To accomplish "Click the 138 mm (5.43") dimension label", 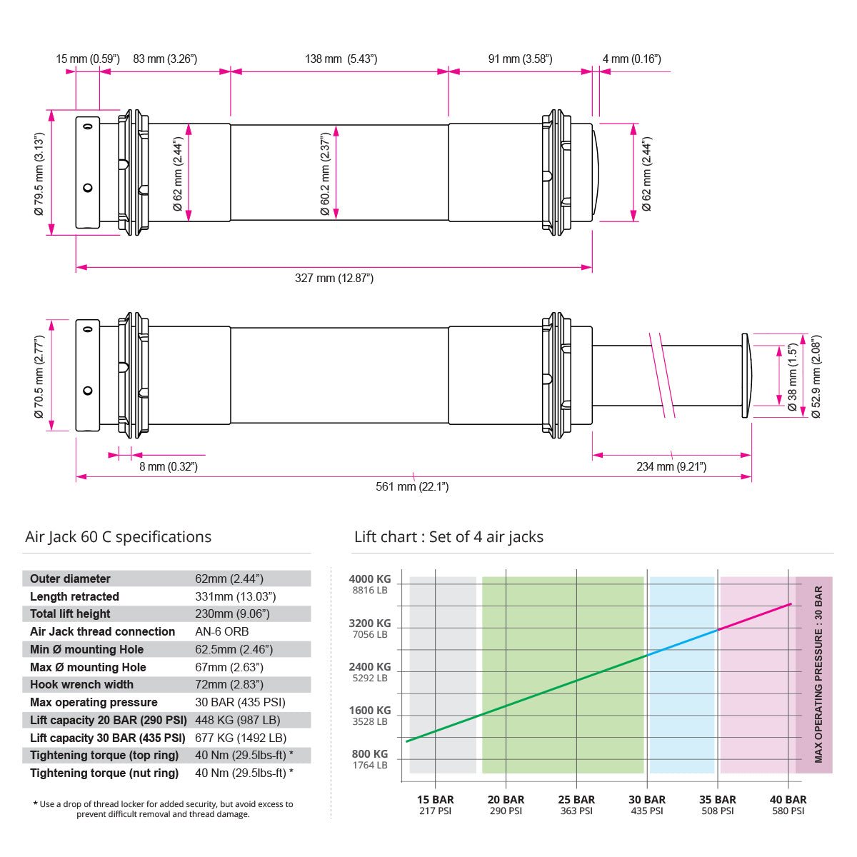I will point(341,59).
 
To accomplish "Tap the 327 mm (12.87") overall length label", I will point(334,278).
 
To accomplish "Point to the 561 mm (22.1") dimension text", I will point(412,487).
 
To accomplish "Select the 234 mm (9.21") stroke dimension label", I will point(671,467).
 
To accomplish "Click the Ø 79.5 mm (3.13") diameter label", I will point(39,174).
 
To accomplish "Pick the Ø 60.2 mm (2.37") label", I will point(325,174).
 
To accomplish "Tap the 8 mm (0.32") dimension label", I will point(169,467).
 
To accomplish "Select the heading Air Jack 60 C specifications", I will point(119,537).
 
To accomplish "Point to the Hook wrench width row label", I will point(81,685).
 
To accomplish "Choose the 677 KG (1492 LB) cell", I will point(241,738).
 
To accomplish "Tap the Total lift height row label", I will point(70,614).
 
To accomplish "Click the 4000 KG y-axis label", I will point(370,579).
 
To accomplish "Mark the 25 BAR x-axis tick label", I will point(576,800).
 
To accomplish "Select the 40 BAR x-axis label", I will point(788,800).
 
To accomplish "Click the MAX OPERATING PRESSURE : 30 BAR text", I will point(818,675).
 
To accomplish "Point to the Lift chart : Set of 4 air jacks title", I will point(448,537).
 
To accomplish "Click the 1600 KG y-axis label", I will point(370,711).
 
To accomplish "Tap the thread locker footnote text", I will point(164,809).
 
